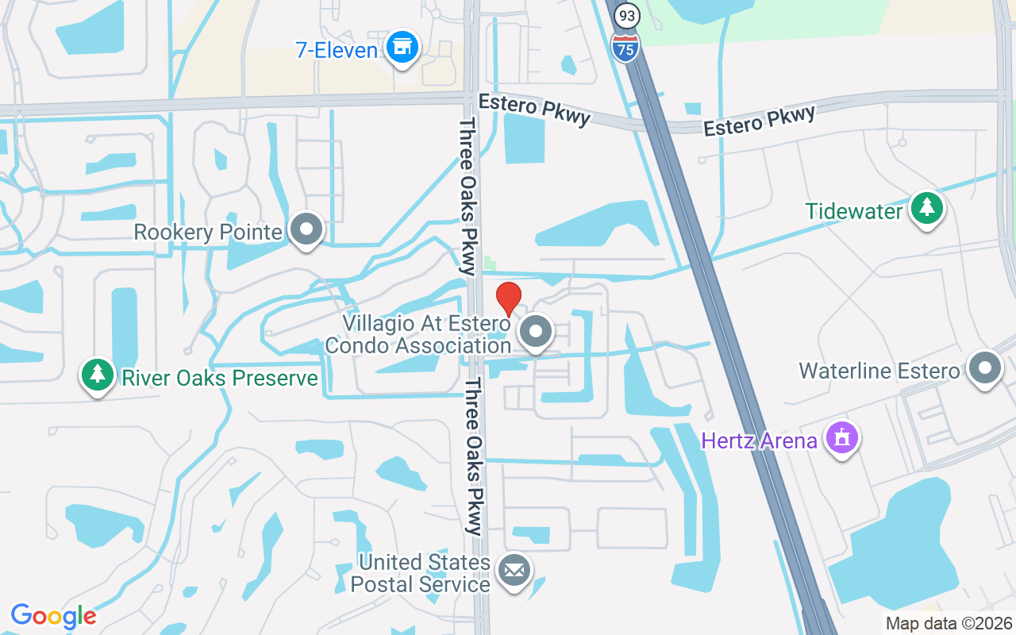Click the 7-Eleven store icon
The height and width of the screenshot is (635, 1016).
click(402, 48)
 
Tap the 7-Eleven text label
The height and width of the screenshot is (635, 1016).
click(336, 51)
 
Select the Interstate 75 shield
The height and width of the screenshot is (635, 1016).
click(626, 48)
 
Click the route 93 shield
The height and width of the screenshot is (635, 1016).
click(627, 15)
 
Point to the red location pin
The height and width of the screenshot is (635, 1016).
click(508, 298)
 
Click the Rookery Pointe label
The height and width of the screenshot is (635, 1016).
click(208, 233)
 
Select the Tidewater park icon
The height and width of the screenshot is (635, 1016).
click(926, 208)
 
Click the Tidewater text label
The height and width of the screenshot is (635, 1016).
click(854, 212)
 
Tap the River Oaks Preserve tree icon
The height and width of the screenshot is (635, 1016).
click(98, 374)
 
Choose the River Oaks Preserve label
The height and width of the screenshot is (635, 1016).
click(219, 378)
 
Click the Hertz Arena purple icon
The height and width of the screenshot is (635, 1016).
click(841, 437)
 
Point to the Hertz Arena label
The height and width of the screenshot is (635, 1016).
click(759, 441)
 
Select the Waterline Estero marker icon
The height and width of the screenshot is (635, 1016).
click(985, 368)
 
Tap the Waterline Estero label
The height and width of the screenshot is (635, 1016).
click(879, 371)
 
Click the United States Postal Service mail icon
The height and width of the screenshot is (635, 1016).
click(514, 570)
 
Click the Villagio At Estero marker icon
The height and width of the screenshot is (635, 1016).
click(537, 332)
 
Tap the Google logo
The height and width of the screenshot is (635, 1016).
click(53, 616)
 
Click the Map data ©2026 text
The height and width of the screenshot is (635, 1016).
click(949, 623)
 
